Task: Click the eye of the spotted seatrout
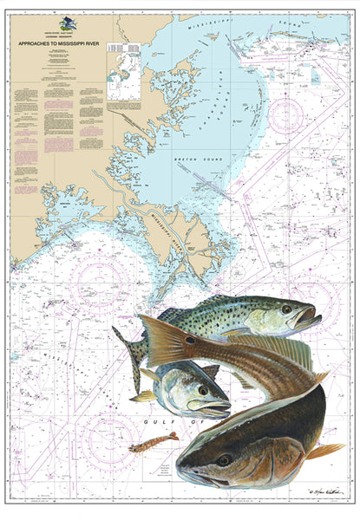click(x=285, y=309)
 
